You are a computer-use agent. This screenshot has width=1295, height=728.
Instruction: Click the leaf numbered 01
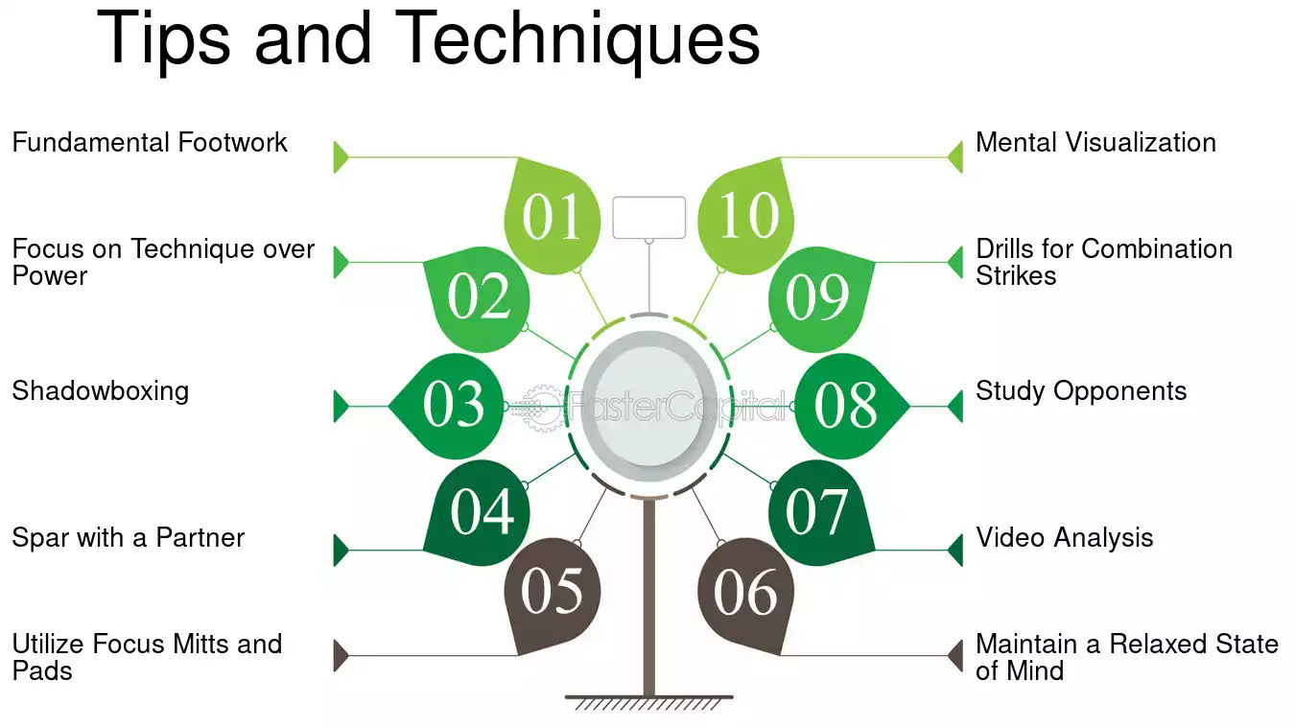(553, 217)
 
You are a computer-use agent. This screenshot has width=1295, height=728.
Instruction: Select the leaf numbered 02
(479, 297)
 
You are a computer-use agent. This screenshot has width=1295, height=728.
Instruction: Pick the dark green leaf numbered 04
(480, 512)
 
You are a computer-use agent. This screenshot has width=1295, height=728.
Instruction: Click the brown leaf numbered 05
(553, 593)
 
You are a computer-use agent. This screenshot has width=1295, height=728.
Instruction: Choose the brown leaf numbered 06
(745, 593)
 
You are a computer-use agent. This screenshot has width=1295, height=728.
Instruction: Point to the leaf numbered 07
(819, 512)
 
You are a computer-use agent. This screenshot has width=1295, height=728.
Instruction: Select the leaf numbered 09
(819, 297)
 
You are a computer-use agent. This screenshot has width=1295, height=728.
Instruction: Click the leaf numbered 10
(745, 217)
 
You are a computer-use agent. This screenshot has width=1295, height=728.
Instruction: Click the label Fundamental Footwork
(150, 142)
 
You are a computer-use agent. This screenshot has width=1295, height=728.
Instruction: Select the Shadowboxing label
(101, 391)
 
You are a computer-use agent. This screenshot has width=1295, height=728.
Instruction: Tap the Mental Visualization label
(1096, 142)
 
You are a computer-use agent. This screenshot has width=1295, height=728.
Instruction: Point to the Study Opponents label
(1081, 391)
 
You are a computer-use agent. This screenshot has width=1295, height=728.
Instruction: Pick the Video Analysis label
(1065, 538)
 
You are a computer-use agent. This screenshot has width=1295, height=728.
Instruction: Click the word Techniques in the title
(578, 40)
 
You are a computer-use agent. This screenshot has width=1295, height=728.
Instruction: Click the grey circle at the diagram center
(649, 407)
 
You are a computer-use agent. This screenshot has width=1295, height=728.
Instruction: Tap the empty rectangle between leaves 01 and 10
(649, 218)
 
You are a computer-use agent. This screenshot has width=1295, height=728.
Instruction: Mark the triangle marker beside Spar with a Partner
(341, 550)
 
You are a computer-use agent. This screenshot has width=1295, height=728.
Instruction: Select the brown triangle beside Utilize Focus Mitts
(341, 656)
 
